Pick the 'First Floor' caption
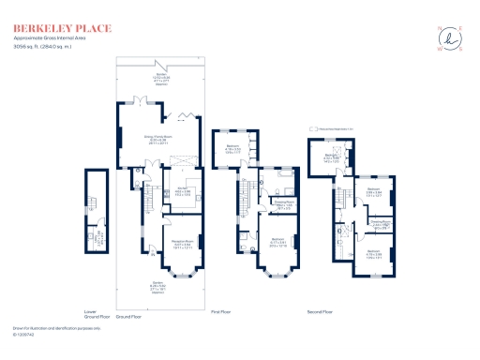220,310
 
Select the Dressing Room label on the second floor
381,225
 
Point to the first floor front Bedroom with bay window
277,241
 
